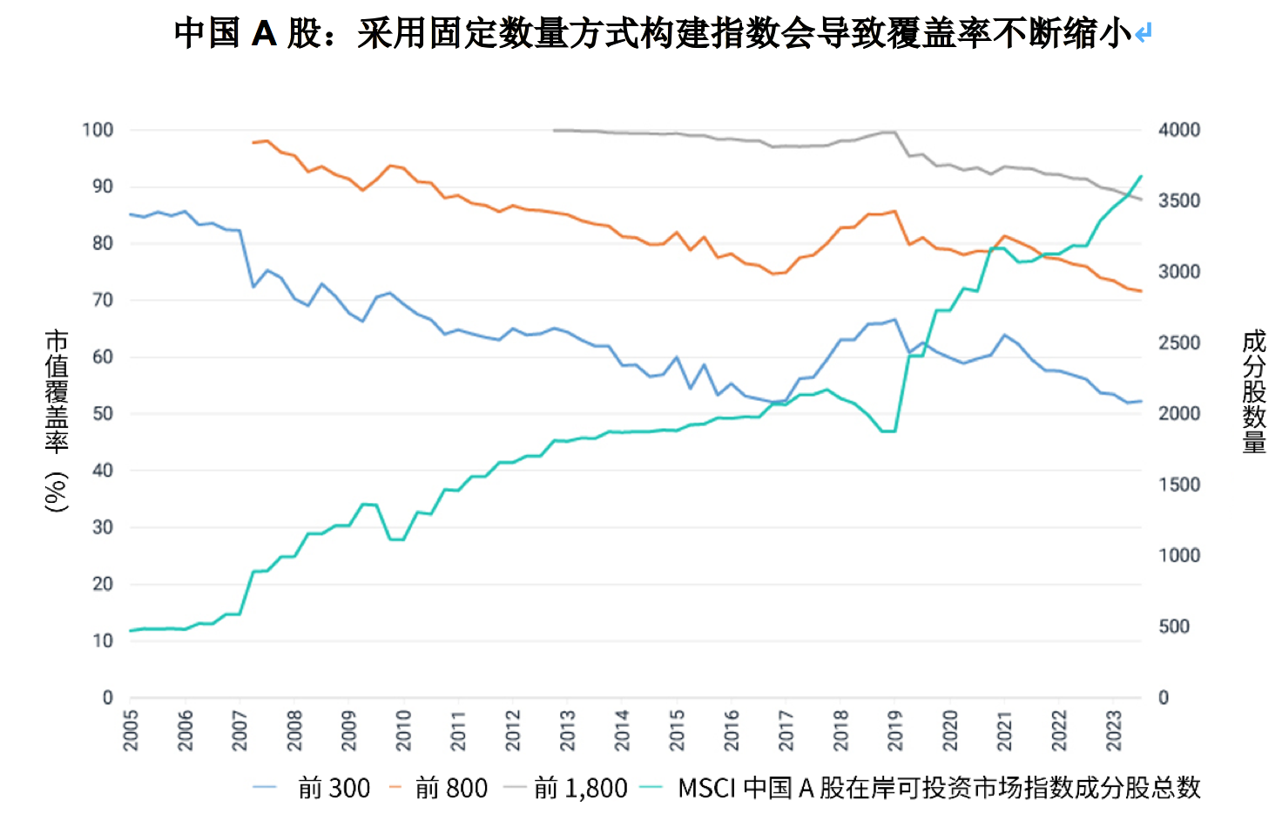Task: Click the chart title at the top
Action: (653, 33)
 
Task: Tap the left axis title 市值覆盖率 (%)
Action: (57, 420)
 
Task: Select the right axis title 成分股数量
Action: (1254, 391)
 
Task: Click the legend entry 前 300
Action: (334, 789)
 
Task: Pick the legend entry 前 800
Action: (451, 789)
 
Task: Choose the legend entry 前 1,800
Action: (580, 789)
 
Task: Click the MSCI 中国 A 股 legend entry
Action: (938, 789)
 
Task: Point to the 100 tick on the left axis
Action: (98, 130)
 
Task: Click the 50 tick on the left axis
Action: (103, 414)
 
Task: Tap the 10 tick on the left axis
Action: (103, 641)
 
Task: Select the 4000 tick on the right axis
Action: (1179, 130)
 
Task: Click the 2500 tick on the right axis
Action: (1179, 343)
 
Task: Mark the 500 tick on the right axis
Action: (1174, 627)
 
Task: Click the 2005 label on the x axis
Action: (131, 730)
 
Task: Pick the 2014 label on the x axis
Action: (622, 730)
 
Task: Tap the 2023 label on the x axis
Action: (1113, 730)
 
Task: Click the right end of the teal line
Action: (1141, 176)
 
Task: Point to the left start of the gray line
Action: (554, 131)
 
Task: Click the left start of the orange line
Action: (253, 142)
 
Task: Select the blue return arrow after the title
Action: (1144, 34)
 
